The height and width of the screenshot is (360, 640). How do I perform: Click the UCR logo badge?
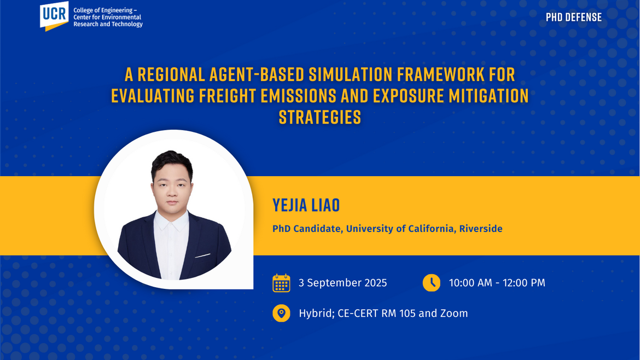coord(54,15)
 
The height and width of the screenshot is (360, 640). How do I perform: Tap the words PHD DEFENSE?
coord(573,18)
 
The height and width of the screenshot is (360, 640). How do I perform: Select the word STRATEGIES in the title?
coord(320,117)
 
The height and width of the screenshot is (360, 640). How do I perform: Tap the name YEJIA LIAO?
coord(306,205)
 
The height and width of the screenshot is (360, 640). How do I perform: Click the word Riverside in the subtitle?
coord(481,229)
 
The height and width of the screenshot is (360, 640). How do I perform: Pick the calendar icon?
coord(281,283)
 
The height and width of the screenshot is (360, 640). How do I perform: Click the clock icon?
coord(432,283)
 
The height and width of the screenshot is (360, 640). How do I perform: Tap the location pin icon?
coord(281,313)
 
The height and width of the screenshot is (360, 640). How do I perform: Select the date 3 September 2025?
coord(342,283)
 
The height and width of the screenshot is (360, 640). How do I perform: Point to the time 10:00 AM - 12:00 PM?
coord(497,283)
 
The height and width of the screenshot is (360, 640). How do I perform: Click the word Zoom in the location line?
coord(454,313)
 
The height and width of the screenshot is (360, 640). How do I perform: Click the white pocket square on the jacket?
coord(202,255)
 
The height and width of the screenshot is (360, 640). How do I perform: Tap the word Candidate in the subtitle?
coord(317,229)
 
